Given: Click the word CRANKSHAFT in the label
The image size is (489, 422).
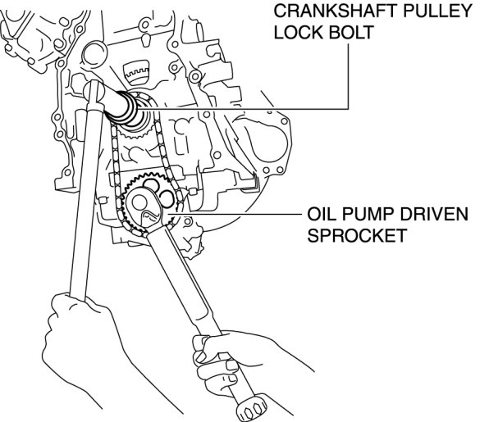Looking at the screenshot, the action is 334,11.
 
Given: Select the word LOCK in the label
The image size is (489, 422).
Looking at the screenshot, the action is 299,33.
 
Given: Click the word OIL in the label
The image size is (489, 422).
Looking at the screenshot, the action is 321,214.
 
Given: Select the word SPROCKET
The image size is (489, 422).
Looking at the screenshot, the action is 357,235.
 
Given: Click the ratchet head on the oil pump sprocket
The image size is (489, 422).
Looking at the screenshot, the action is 146,206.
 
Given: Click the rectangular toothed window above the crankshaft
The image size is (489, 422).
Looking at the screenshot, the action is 136,73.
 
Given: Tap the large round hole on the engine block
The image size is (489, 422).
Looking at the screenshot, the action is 94,55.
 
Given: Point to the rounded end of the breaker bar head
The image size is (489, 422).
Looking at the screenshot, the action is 93,91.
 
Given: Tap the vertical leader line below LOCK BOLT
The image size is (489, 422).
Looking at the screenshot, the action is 348,76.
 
